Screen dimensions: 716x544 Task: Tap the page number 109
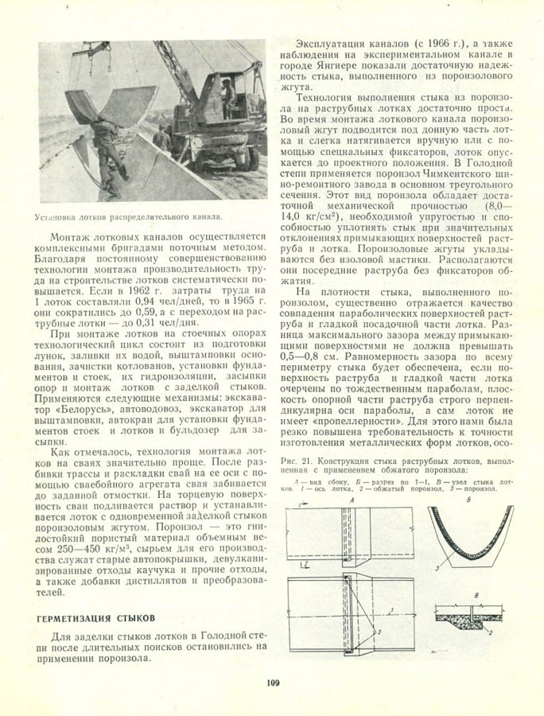pos(271,681)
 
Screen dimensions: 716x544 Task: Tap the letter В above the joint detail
pos(474,594)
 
